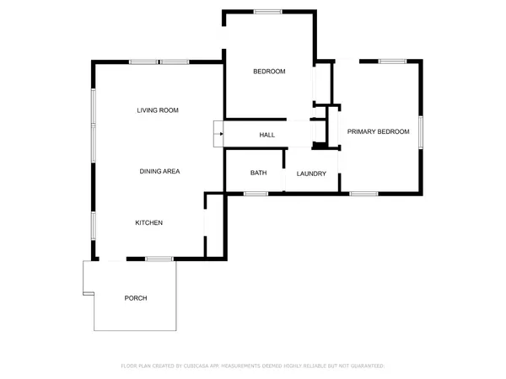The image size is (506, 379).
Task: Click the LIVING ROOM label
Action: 158,110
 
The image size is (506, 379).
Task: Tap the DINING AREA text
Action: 159,171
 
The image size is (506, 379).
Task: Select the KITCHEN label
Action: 149,222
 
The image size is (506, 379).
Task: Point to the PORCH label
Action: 136,298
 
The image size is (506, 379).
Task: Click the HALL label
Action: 266,135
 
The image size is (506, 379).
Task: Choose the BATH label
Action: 258,173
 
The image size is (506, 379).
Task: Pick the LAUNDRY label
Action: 311,173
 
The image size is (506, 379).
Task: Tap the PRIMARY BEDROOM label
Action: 378,131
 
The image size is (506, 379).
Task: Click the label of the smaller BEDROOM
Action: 269,72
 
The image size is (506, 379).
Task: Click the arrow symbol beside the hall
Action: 218,133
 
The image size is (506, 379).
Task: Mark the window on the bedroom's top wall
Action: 268,11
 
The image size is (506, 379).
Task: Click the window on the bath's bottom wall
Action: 256,194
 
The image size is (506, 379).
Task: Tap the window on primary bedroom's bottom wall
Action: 363,194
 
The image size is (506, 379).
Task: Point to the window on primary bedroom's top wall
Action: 390,61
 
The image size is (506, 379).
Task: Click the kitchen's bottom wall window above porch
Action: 156,258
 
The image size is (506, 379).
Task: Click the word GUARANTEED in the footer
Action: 364,366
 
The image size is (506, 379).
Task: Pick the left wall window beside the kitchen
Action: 94,227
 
